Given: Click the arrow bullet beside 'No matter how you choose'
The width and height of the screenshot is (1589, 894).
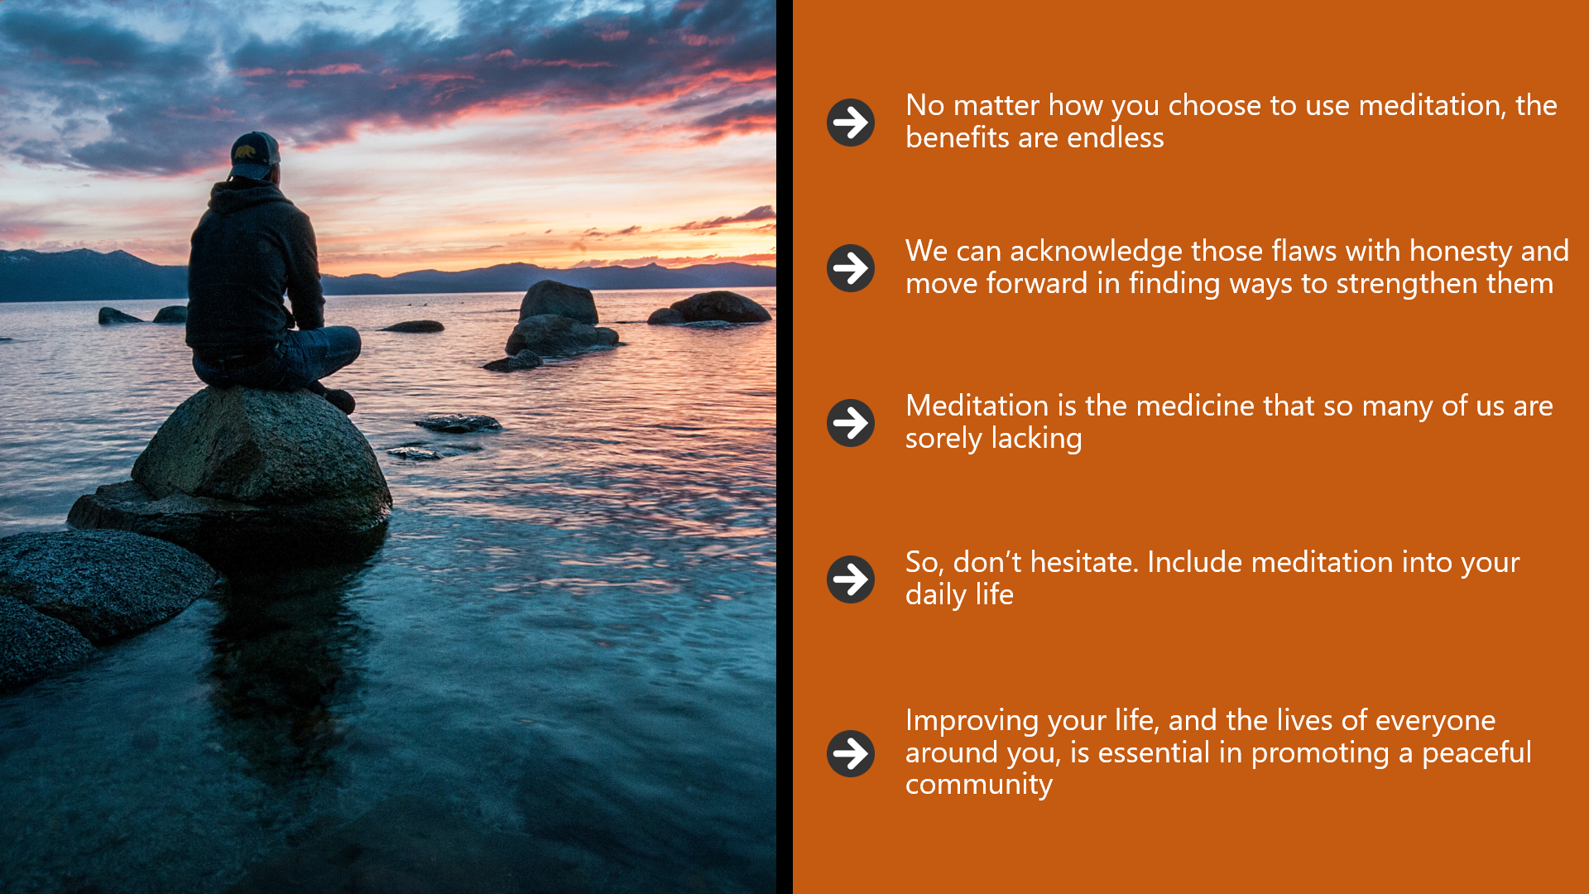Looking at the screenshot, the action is pyautogui.click(x=851, y=123).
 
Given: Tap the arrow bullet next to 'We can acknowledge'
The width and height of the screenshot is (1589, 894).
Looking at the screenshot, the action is pyautogui.click(x=851, y=268).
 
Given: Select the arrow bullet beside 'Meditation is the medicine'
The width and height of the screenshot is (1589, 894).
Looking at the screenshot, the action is pyautogui.click(x=851, y=423).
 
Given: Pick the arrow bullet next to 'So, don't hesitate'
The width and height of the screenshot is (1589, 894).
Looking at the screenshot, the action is pyautogui.click(x=851, y=579).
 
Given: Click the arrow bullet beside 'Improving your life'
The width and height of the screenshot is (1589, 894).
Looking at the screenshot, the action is pyautogui.click(x=851, y=753).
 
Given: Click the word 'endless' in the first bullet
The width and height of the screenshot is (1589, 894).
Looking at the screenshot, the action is pyautogui.click(x=1116, y=137).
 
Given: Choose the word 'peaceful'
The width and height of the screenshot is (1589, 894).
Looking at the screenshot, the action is pyautogui.click(x=1476, y=753).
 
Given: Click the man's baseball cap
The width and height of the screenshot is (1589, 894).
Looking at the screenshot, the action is pyautogui.click(x=255, y=154).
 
